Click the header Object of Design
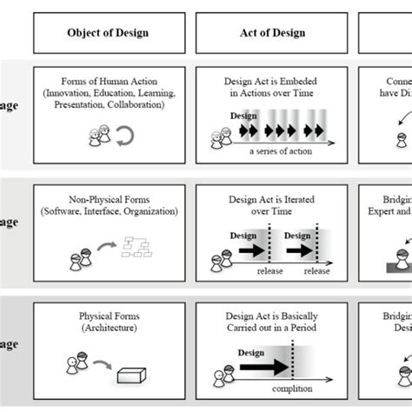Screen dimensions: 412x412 107,34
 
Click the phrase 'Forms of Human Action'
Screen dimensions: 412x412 108,82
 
